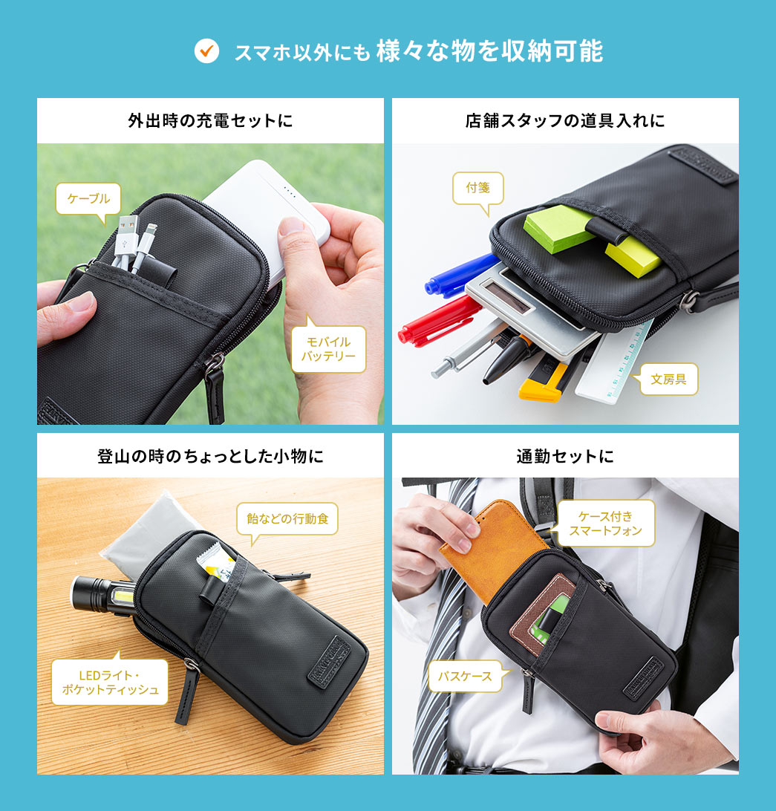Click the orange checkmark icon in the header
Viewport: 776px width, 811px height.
pyautogui.click(x=206, y=51)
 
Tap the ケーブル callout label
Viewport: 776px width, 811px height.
pyautogui.click(x=88, y=199)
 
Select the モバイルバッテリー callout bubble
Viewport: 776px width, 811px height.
pyautogui.click(x=327, y=350)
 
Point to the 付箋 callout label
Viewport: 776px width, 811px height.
pyautogui.click(x=478, y=188)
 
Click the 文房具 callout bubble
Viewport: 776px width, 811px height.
pyautogui.click(x=668, y=379)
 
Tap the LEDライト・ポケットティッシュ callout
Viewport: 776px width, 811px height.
pyautogui.click(x=110, y=683)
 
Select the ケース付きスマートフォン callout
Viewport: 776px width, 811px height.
pyautogui.click(x=605, y=523)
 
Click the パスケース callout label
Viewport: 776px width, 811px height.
pyautogui.click(x=465, y=676)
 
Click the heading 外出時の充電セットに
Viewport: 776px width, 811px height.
pyautogui.click(x=210, y=120)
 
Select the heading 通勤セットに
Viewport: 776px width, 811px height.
pyautogui.click(x=565, y=455)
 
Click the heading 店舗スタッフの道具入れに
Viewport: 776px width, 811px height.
pyautogui.click(x=565, y=120)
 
